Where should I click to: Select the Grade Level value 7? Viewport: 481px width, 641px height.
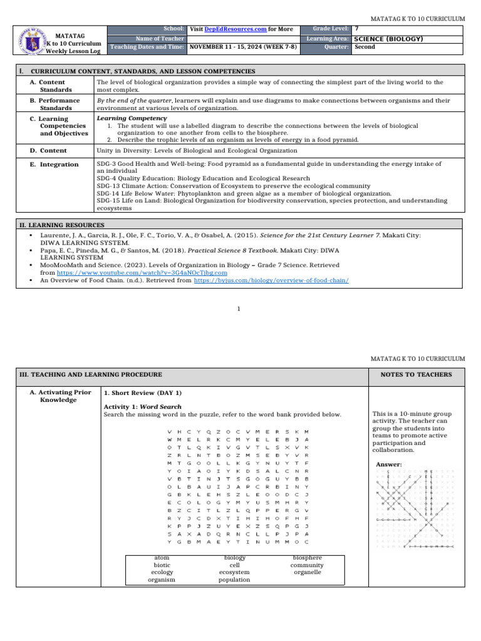pos(356,29)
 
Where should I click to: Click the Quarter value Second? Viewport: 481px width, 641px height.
pos(365,47)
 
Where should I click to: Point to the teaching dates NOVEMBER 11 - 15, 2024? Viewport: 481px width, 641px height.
pos(243,47)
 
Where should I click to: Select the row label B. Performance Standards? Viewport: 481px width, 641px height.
pos(55,104)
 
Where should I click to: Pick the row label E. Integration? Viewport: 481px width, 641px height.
pos(54,165)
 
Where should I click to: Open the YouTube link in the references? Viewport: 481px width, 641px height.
pos(142,273)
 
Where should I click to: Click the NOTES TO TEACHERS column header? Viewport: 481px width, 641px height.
pos(420,374)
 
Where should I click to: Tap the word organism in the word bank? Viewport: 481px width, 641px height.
pos(161,580)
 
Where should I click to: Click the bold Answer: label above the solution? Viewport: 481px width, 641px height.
pos(390,464)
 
